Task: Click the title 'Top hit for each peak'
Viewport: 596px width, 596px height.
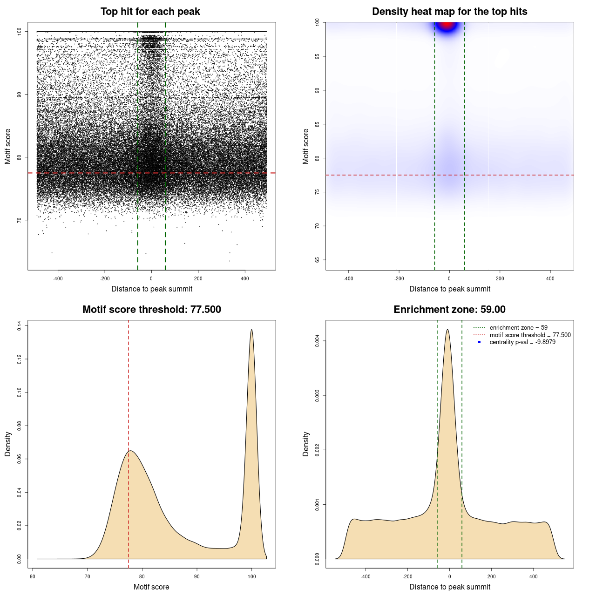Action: click(150, 12)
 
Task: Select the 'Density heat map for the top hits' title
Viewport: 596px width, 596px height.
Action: click(449, 12)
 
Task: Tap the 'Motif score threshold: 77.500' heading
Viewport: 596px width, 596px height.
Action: click(151, 310)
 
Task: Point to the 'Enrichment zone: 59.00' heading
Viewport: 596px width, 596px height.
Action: click(449, 310)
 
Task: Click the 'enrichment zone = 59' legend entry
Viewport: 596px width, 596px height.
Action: click(518, 328)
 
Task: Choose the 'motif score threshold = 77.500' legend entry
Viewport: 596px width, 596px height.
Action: click(530, 335)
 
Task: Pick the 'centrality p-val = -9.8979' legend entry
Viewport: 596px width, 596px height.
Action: click(522, 342)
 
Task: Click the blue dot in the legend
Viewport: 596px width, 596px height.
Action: click(479, 342)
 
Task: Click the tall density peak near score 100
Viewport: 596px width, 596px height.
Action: click(251, 331)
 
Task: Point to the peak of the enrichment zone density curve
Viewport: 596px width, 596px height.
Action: click(447, 330)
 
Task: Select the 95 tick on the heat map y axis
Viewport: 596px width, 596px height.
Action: click(318, 56)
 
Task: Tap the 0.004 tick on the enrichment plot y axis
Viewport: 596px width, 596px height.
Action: click(318, 341)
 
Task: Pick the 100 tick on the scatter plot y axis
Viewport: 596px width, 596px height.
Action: click(20, 31)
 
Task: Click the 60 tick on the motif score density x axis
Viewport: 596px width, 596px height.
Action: click(33, 576)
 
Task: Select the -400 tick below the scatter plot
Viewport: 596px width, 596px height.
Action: click(58, 278)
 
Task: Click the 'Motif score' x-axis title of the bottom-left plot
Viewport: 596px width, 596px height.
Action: click(151, 587)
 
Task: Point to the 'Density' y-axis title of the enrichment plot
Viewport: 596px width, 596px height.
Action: click(306, 444)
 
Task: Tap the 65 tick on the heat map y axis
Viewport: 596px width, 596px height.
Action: click(318, 260)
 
